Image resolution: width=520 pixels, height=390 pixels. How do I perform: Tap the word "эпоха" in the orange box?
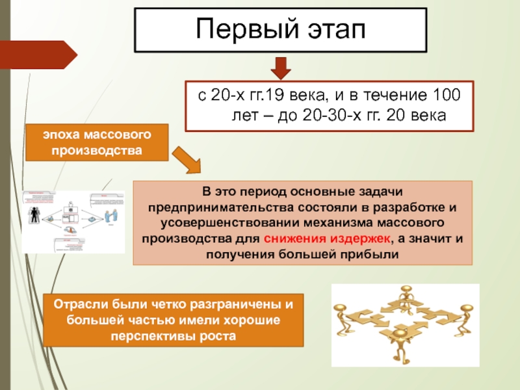click(62, 136)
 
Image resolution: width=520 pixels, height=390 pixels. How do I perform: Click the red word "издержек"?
click(360, 237)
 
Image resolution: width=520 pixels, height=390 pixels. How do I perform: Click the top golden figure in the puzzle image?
click(407, 296)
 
